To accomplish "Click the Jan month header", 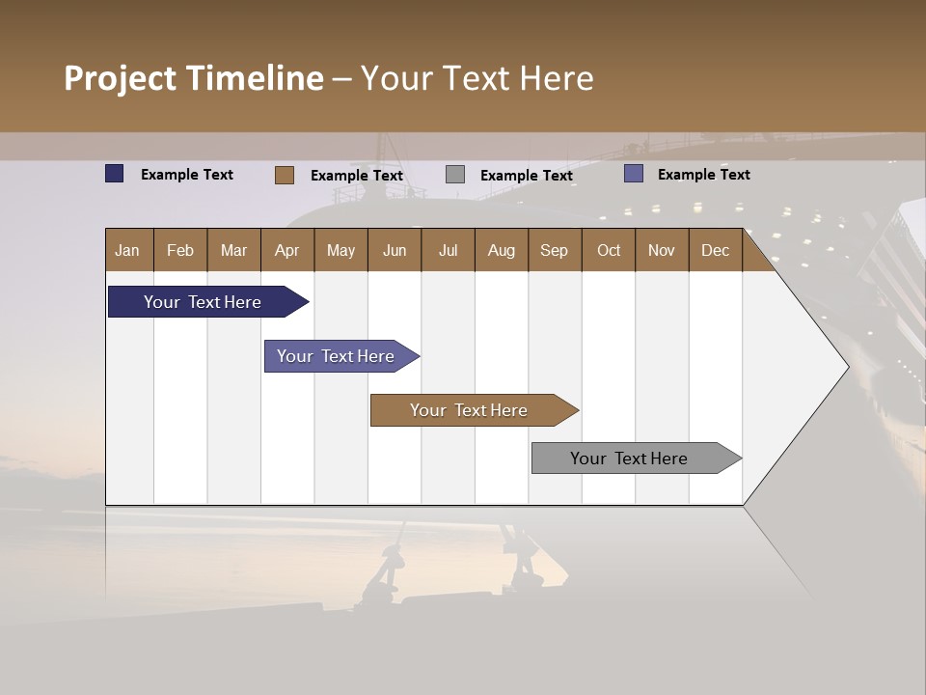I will coord(128,250).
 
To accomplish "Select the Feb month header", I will coord(180,250).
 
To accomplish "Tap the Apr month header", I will coord(286,250).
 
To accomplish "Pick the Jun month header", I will coord(395,250).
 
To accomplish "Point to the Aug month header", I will coord(501,250).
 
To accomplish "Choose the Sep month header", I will coord(554,250).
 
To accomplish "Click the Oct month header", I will coord(609,250).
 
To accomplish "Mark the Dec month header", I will coord(715,250).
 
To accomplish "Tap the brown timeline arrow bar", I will coord(470,410).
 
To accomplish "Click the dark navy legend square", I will coord(115,174).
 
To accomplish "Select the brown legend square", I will coord(285,175).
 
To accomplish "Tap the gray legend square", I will coord(455,175).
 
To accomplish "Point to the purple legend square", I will coord(634,174).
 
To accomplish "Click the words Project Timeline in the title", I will coord(194,78).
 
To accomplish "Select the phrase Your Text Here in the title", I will coord(477,78).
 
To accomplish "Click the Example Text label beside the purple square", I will coord(703,175).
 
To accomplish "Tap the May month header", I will coord(340,250).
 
